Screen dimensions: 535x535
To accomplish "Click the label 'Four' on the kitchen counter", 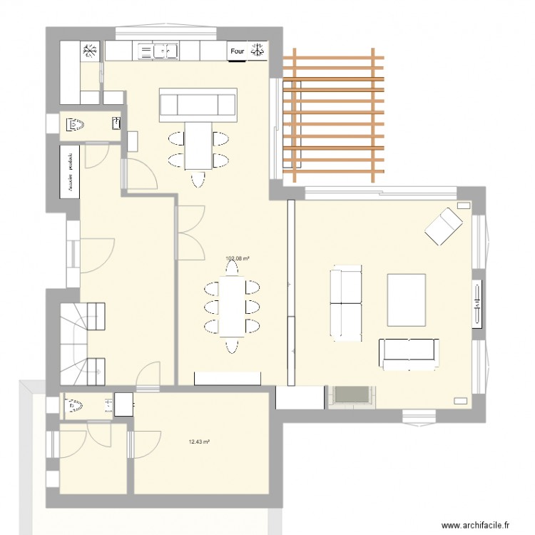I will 238,51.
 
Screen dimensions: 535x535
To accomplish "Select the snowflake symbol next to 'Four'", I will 258,51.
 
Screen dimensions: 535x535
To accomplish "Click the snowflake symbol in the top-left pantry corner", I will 91,51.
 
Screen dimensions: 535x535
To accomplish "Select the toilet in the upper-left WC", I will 76,126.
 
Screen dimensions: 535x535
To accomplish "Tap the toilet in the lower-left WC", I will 73,407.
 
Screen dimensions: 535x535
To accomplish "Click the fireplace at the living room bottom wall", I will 350,397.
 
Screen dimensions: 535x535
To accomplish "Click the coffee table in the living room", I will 407,297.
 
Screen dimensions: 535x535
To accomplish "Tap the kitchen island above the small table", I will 198,104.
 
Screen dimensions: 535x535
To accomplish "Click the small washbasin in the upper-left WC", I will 116,125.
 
